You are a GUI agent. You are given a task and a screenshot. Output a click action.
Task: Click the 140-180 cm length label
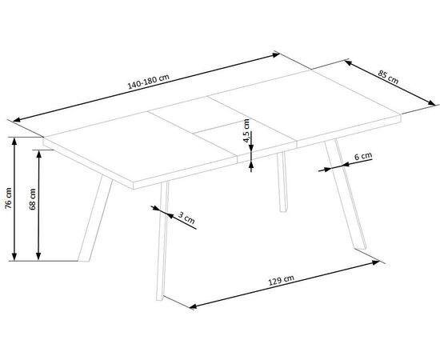point(149,82)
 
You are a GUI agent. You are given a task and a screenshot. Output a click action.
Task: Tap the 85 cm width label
point(388,77)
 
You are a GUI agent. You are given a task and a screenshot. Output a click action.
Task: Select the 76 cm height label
point(9,198)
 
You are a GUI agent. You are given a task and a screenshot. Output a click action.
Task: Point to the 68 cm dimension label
point(32,199)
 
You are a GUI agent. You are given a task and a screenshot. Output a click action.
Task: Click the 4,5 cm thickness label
point(246,130)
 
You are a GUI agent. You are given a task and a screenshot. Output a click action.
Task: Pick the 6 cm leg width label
point(363,156)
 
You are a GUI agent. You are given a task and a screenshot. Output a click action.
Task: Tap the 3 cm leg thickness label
point(186,218)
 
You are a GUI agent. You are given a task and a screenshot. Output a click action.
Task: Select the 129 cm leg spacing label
point(282,280)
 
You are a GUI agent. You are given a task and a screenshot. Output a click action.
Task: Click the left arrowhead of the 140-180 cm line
point(17,120)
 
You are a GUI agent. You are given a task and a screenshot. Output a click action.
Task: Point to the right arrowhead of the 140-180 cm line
point(275,55)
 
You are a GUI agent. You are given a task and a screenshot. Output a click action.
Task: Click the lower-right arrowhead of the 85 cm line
point(431,102)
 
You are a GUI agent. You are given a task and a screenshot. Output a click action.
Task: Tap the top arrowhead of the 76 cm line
point(14,142)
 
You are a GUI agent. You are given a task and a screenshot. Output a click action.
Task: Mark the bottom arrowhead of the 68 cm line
point(38,256)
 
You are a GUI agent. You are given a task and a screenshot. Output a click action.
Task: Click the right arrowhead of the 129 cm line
point(376,262)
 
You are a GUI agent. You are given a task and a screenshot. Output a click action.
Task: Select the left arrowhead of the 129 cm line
point(194,306)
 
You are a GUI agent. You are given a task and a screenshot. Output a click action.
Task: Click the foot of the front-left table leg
point(83,261)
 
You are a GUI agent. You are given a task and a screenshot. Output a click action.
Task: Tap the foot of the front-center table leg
point(159,299)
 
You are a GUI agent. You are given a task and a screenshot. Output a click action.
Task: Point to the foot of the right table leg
point(361,248)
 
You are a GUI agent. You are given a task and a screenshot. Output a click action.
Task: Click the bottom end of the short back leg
point(283,210)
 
